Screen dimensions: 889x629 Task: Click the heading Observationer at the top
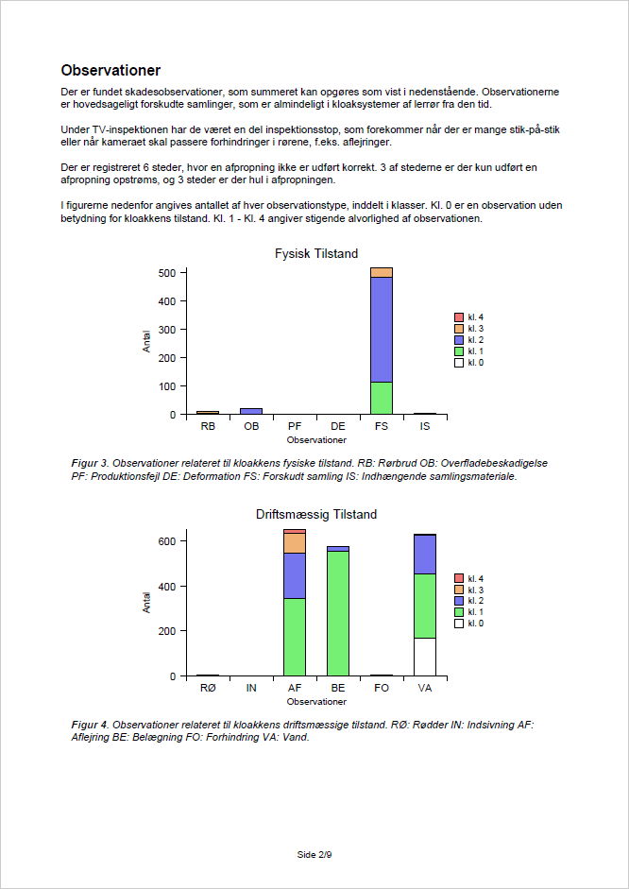(110, 71)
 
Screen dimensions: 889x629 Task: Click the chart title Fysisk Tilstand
(315, 253)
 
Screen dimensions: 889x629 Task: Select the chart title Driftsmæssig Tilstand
(315, 515)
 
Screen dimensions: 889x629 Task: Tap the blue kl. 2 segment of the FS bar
(382, 329)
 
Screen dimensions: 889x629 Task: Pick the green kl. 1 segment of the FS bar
(382, 398)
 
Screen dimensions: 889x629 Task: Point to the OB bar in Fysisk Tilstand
(251, 411)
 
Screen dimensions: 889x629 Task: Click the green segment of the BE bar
(338, 612)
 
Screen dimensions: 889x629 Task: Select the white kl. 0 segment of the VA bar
(425, 657)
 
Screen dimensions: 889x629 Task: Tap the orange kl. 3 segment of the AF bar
(295, 543)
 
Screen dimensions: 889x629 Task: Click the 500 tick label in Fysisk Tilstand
(166, 273)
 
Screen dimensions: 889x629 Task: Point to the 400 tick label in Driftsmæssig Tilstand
(166, 586)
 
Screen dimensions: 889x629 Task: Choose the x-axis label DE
(338, 427)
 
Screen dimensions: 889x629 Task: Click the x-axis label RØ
(208, 689)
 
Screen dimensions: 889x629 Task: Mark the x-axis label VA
(425, 689)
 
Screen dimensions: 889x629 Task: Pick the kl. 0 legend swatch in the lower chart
(459, 624)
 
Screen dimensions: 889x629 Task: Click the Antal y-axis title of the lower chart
(146, 603)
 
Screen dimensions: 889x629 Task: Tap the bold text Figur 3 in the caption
(91, 464)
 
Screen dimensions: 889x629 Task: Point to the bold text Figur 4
(91, 725)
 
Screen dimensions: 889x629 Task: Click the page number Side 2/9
(314, 854)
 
